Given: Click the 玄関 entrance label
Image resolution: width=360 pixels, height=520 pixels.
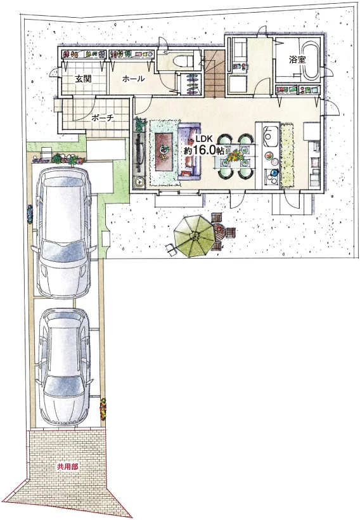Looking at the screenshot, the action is click(83, 79).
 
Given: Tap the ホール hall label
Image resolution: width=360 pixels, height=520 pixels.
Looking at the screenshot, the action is click(133, 79).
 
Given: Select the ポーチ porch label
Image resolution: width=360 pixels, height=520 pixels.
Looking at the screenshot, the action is click(103, 118).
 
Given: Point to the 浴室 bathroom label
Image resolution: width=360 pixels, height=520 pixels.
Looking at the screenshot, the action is click(297, 60).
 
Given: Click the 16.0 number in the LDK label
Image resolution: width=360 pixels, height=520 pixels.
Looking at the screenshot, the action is click(203, 150).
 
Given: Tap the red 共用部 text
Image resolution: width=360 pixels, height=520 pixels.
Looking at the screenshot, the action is click(68, 467).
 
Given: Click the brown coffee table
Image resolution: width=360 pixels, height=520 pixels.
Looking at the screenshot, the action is click(164, 151).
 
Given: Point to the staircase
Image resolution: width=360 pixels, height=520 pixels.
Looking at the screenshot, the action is click(214, 73).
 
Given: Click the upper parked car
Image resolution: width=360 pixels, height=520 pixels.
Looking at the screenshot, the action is click(64, 233).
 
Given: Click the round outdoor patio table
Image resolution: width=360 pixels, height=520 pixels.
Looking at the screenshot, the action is click(220, 231).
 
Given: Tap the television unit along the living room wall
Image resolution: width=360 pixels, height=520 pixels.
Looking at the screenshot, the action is click(138, 152).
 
